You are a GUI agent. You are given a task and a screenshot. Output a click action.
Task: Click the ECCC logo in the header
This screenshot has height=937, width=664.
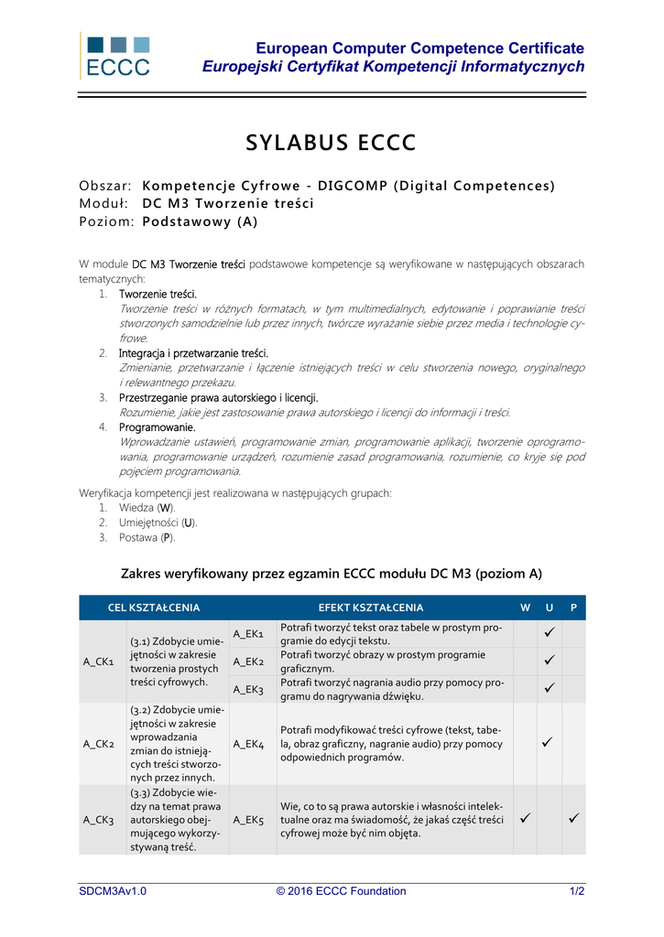(x=115, y=55)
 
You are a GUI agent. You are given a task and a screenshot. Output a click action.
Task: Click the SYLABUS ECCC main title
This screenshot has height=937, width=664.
(x=332, y=144)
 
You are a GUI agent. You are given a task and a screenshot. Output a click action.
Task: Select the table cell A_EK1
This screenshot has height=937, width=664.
(x=248, y=634)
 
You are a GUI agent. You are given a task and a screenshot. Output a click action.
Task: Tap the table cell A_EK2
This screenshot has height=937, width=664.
(x=248, y=662)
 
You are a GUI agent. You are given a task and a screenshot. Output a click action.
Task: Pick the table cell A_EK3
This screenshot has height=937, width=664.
(x=248, y=689)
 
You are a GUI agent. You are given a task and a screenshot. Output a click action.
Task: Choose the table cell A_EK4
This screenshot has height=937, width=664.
(x=248, y=744)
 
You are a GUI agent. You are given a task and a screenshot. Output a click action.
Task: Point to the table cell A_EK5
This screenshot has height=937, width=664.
(x=248, y=819)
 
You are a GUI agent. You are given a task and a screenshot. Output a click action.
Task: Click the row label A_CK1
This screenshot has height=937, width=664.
(x=99, y=662)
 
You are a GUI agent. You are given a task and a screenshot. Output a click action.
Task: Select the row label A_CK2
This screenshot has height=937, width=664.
(x=99, y=744)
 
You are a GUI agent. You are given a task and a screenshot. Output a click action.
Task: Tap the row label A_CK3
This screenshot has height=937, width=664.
(x=99, y=819)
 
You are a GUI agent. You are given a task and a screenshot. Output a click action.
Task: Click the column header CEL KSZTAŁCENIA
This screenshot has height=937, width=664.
(x=154, y=608)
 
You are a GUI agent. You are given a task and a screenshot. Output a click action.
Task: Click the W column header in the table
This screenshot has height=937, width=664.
(x=525, y=608)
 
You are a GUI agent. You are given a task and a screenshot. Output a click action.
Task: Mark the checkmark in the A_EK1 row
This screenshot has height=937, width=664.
(x=549, y=633)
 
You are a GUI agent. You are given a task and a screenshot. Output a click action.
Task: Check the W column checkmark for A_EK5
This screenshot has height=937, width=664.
(x=525, y=819)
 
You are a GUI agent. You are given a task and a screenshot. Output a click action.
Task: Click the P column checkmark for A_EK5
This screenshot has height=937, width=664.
(x=573, y=819)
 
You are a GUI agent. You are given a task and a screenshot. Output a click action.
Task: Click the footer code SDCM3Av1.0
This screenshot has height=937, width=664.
(x=113, y=891)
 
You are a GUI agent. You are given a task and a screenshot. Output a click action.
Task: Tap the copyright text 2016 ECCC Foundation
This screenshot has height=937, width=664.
(x=341, y=891)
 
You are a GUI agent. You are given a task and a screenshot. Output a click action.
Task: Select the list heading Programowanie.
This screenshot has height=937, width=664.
(x=157, y=427)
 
